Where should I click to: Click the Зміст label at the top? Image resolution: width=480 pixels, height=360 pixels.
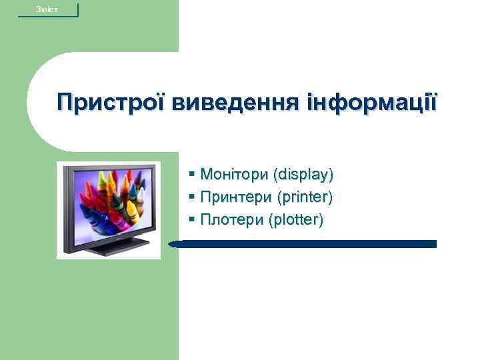click(x=47, y=9)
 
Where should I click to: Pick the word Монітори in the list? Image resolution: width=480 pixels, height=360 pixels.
click(x=233, y=175)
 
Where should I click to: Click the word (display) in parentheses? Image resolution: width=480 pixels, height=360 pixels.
click(x=302, y=175)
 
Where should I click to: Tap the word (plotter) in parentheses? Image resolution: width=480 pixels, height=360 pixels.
click(x=295, y=219)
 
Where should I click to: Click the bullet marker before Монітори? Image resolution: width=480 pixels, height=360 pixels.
click(x=192, y=175)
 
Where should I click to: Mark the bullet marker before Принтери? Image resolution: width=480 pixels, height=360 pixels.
click(x=192, y=197)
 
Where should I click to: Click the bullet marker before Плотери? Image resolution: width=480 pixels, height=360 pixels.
click(x=192, y=219)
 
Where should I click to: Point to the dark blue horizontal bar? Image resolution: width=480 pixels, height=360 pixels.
click(x=307, y=244)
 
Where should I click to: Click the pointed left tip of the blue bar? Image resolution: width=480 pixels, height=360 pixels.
click(x=171, y=245)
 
